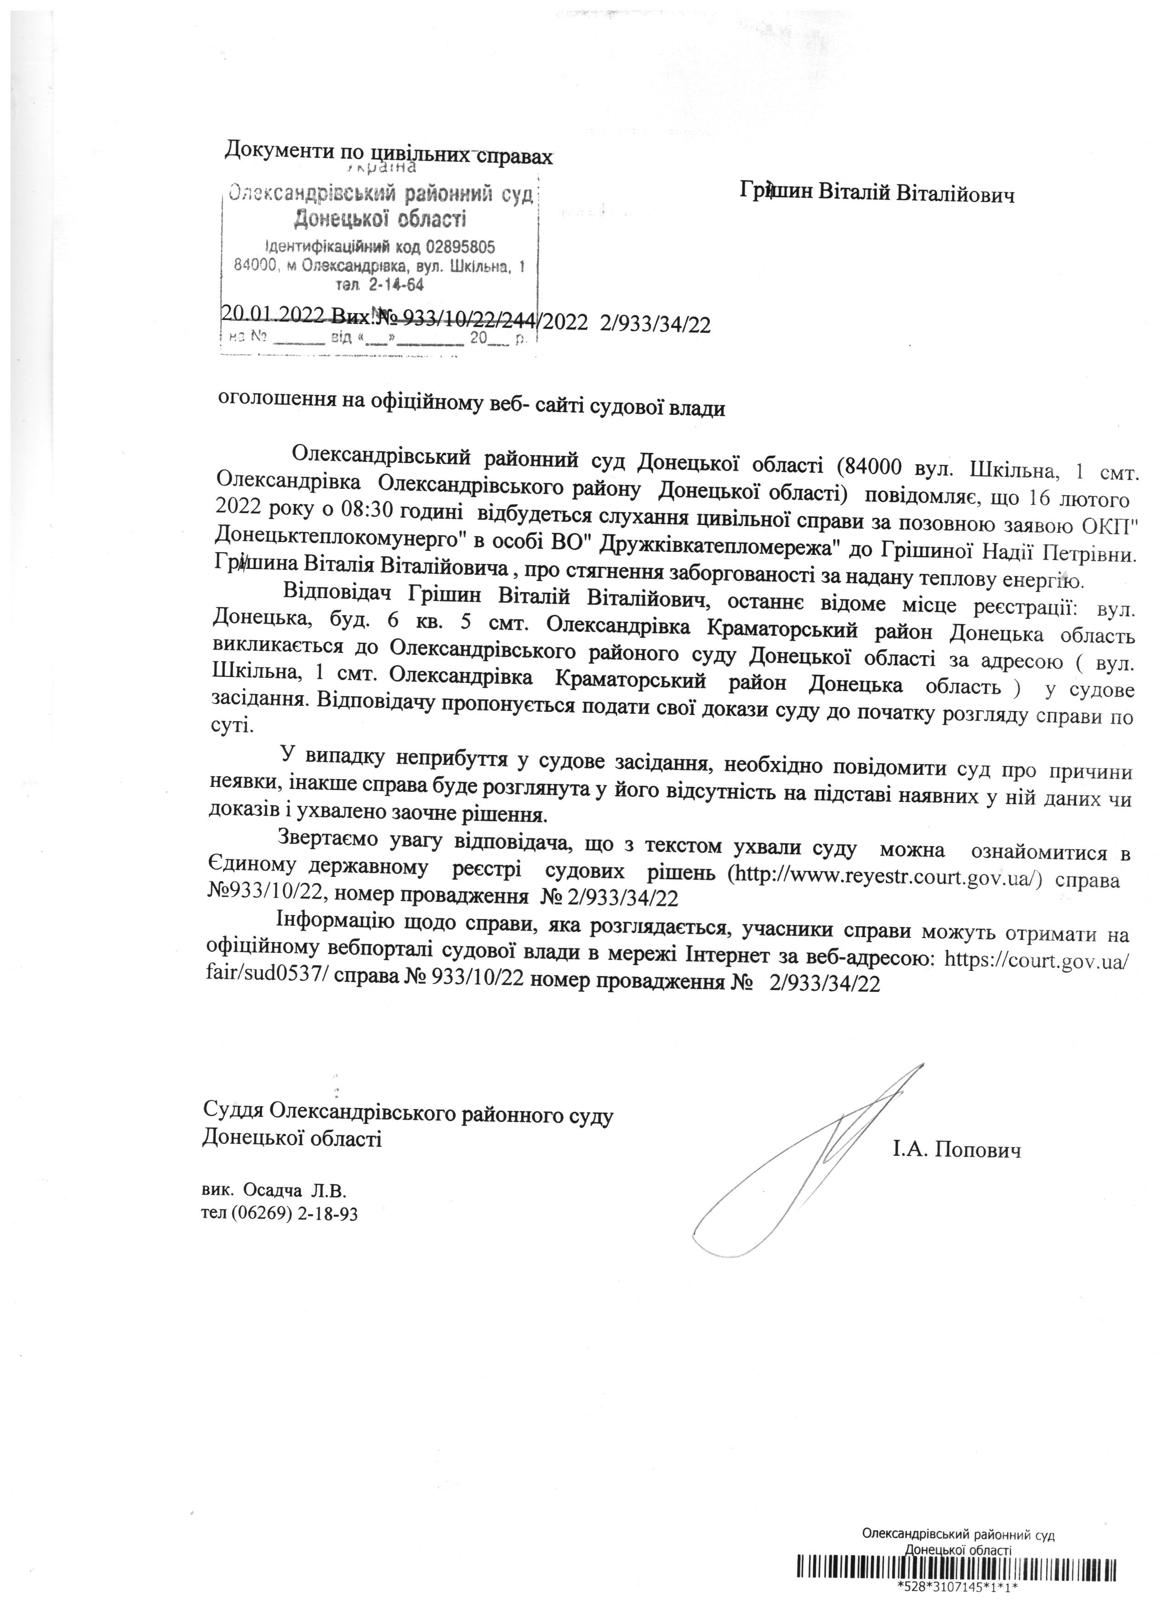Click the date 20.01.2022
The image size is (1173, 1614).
271,314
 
